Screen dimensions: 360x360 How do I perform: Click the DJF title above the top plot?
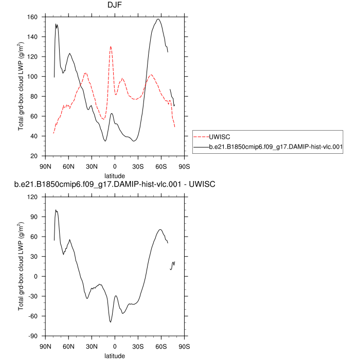pos(115,6)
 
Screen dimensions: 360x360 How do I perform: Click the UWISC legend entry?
pos(222,137)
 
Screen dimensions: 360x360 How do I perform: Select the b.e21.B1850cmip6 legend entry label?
pos(276,147)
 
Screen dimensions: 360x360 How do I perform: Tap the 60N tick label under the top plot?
pos(68,166)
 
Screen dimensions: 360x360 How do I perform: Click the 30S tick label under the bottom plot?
pos(138,346)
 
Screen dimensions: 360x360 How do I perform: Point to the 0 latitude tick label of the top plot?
pos(115,166)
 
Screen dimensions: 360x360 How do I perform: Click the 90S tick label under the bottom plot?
pos(184,346)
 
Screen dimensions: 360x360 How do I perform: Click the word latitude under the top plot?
pos(115,175)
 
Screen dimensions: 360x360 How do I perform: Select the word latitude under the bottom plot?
pos(115,355)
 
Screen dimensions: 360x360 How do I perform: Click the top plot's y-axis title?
pos(22,86)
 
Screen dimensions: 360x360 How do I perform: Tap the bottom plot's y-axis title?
pos(22,266)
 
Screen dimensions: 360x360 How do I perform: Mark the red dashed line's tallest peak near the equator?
pos(111,46)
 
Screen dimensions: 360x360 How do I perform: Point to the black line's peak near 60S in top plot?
pos(158,19)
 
